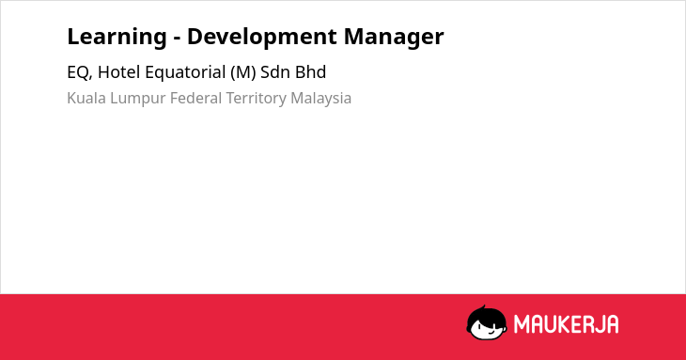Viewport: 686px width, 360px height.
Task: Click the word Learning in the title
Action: point(117,38)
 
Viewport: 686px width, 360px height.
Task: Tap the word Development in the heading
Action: point(262,38)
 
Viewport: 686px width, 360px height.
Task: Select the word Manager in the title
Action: point(394,38)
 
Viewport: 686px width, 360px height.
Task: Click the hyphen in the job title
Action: point(178,39)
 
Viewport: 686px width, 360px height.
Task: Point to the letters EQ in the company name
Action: point(78,72)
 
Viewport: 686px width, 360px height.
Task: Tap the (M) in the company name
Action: point(242,72)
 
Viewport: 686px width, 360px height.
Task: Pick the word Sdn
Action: point(275,72)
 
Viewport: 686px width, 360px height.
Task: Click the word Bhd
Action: point(311,72)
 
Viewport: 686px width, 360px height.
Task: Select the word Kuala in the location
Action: point(86,98)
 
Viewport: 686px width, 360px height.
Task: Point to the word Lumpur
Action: point(138,99)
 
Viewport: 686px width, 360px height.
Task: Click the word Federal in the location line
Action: point(196,98)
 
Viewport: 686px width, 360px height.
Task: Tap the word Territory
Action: point(257,99)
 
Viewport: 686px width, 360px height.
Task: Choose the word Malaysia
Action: point(321,99)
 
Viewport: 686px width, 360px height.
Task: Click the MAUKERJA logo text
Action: point(566,324)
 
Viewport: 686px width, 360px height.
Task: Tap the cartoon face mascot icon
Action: point(487,322)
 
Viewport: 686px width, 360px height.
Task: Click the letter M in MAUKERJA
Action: point(522,324)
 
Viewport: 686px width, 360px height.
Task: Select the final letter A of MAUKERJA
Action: point(613,324)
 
